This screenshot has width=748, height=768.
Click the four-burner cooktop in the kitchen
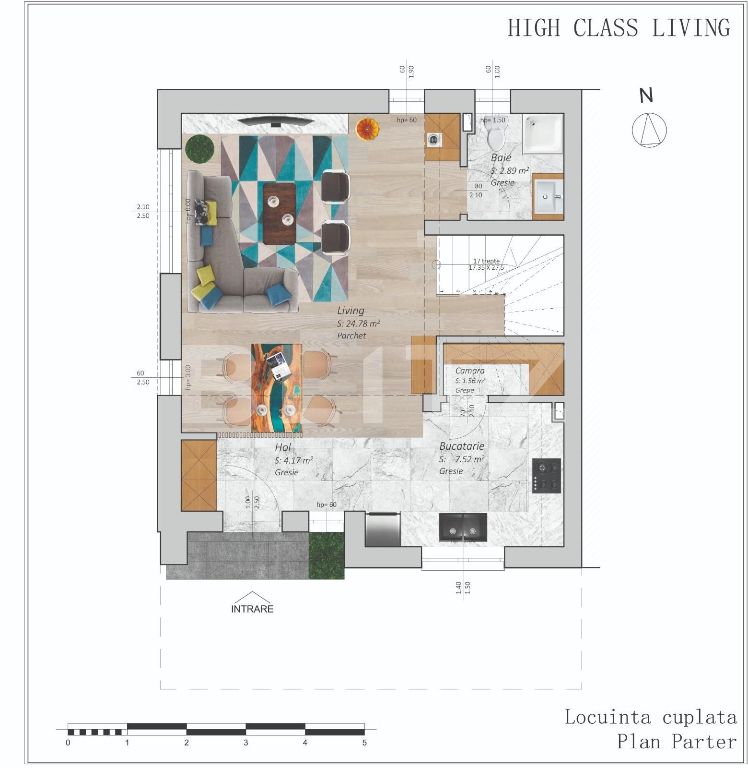click(x=547, y=475)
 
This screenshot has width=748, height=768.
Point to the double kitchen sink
click(x=463, y=528)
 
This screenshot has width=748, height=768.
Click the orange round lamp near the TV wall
click(x=367, y=129)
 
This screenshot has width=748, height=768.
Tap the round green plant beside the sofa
click(x=199, y=148)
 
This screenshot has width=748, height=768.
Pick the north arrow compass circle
click(x=649, y=130)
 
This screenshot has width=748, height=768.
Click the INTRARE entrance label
click(x=252, y=609)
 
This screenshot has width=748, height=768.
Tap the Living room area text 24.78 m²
click(x=359, y=323)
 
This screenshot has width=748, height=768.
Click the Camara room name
click(x=469, y=371)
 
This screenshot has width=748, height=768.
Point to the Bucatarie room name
click(x=461, y=446)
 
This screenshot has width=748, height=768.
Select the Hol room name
click(x=283, y=448)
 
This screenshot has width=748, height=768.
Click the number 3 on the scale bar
click(x=246, y=743)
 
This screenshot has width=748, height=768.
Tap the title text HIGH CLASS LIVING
click(x=619, y=28)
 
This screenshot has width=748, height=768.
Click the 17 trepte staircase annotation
click(x=486, y=261)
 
